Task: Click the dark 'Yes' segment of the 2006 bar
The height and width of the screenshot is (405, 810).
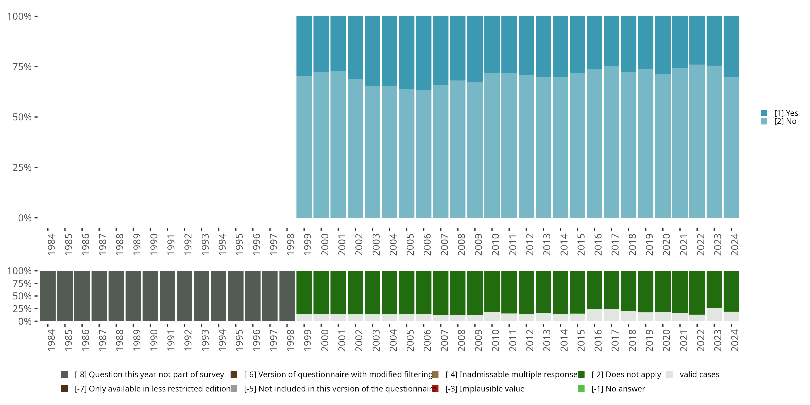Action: coord(424,53)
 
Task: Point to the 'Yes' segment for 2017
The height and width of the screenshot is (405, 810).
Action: coord(612,41)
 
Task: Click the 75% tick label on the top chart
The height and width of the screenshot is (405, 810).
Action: coord(22,67)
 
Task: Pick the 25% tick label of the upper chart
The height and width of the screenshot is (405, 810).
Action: coord(22,167)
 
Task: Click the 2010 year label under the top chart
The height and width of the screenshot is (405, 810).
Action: coord(495,244)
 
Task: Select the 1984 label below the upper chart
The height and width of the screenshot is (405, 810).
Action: coord(51,244)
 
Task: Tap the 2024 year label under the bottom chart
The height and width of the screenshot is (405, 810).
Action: coord(734,340)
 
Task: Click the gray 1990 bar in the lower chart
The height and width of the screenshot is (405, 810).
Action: coord(150,296)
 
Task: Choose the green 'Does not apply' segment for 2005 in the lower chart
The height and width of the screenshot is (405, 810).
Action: coord(407,292)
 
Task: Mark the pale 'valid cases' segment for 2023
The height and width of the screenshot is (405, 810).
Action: coord(714,315)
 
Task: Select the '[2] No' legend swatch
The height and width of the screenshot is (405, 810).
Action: coord(764,122)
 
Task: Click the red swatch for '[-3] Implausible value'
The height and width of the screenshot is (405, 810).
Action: coord(436,389)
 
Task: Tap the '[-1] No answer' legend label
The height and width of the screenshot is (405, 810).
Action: coord(618,389)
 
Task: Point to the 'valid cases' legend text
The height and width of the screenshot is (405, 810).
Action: coord(699,374)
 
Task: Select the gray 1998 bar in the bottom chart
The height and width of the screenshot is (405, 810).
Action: coord(287,296)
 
